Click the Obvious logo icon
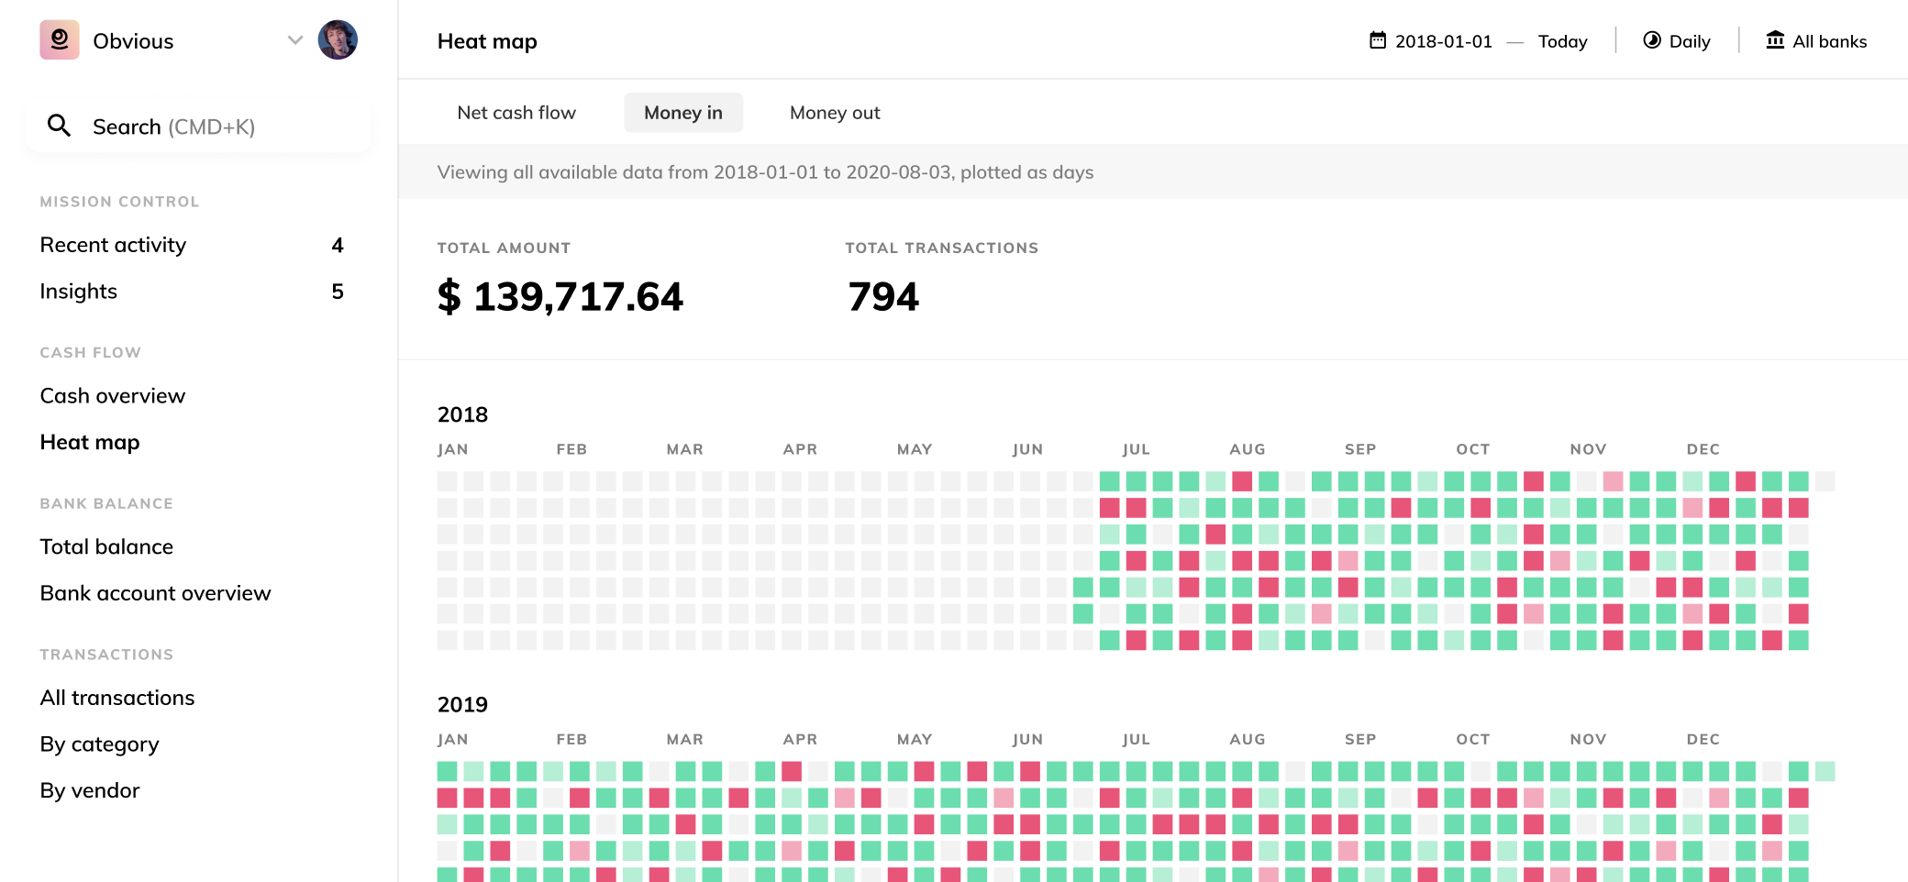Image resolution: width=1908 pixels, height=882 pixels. pyautogui.click(x=60, y=40)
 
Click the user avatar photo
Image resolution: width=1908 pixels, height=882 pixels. pyautogui.click(x=338, y=40)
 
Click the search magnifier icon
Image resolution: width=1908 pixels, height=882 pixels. pyautogui.click(x=59, y=126)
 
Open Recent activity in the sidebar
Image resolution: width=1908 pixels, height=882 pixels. pyautogui.click(x=113, y=245)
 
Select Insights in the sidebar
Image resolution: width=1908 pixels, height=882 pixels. pyautogui.click(x=79, y=292)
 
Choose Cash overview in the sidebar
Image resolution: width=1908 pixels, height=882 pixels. pyautogui.click(x=113, y=396)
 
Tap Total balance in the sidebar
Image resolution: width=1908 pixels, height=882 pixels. pyautogui.click(x=106, y=547)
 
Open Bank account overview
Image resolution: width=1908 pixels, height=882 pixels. pyautogui.click(x=156, y=593)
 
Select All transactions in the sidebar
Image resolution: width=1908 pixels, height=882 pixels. pyautogui.click(x=117, y=698)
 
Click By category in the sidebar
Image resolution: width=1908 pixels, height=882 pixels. pyautogui.click(x=100, y=744)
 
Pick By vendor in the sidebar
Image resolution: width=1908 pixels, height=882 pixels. pyautogui.click(x=90, y=790)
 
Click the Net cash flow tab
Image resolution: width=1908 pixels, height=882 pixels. pyautogui.click(x=516, y=113)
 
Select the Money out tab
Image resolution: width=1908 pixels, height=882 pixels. pyautogui.click(x=835, y=113)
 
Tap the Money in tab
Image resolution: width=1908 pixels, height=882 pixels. pyautogui.click(x=683, y=113)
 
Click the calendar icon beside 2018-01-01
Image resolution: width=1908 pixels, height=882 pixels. pyautogui.click(x=1378, y=40)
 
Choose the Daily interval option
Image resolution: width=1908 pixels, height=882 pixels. pyautogui.click(x=1677, y=41)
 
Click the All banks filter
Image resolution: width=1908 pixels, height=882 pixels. pyautogui.click(x=1816, y=41)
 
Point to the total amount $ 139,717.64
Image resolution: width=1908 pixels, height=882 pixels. pyautogui.click(x=560, y=297)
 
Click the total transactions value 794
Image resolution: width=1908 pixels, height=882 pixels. pyautogui.click(x=883, y=297)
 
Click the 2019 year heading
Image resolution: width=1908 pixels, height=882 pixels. pyautogui.click(x=462, y=704)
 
